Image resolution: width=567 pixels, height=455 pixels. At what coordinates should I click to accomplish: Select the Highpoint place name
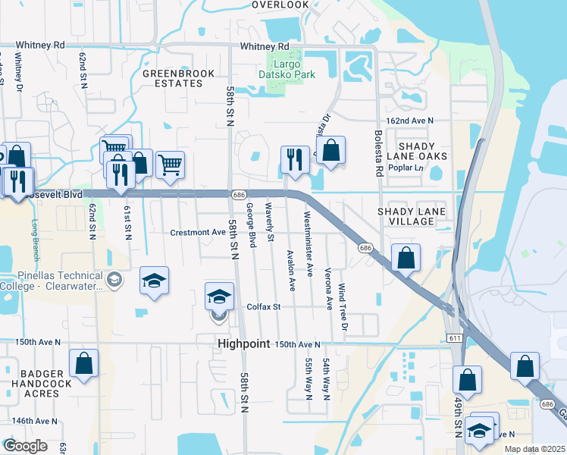tap(243, 344)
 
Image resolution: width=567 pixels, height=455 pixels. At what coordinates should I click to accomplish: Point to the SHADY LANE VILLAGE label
tap(412, 216)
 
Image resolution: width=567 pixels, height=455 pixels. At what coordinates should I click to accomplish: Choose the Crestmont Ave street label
tap(198, 232)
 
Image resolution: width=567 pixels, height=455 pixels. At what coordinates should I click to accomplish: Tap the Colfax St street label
tap(264, 307)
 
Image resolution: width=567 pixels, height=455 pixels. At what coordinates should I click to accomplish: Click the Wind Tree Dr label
tap(342, 307)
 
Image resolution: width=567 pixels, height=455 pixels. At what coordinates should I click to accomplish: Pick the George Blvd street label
tap(251, 224)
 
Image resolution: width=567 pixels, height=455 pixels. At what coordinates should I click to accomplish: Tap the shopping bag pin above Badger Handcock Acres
tap(83, 364)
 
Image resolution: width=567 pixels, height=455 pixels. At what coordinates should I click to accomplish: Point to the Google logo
tap(25, 446)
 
